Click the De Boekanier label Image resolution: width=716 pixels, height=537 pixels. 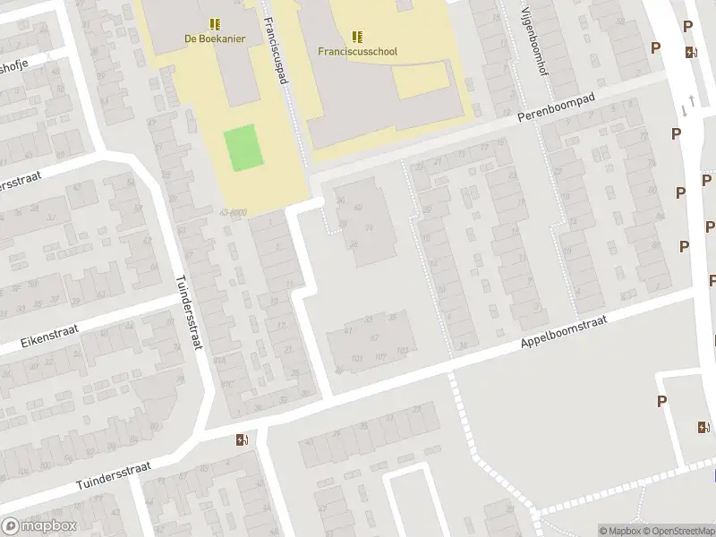pyautogui.click(x=215, y=38)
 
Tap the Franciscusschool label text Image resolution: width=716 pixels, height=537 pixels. pyautogui.click(x=357, y=51)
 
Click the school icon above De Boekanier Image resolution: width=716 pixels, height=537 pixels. pyautogui.click(x=215, y=23)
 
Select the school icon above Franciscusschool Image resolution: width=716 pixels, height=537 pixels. pyautogui.click(x=357, y=36)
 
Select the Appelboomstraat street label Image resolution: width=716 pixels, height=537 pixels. pyautogui.click(x=564, y=337)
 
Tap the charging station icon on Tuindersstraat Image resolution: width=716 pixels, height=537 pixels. pyautogui.click(x=241, y=439)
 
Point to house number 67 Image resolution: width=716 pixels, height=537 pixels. pyautogui.click(x=374, y=337)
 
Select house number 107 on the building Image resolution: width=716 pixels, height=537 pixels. pyautogui.click(x=380, y=357)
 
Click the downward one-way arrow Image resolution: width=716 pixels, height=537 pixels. pyautogui.click(x=685, y=110)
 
